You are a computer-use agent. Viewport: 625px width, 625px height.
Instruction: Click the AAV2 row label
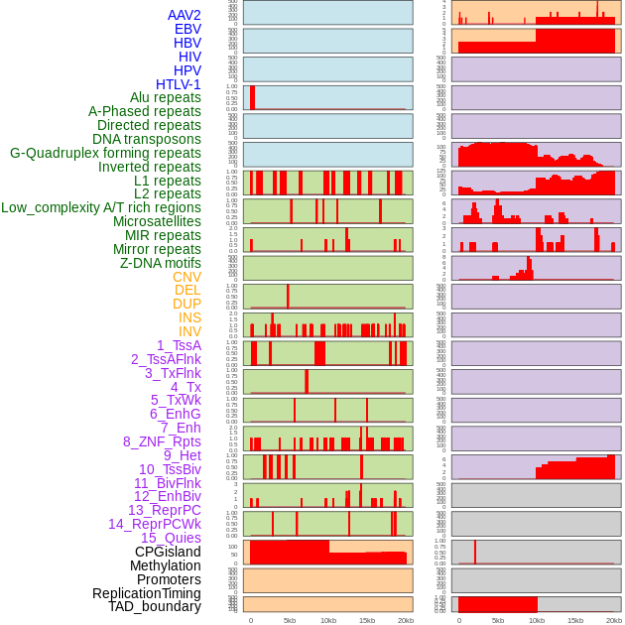185,15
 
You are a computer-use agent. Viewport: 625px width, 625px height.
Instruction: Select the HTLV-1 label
179,84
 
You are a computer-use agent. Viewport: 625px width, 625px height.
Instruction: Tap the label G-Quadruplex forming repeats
105,153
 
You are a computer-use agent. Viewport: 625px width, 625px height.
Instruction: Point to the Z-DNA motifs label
161,263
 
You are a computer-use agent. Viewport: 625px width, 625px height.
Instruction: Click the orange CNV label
187,277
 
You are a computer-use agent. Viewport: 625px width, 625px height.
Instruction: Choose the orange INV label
189,331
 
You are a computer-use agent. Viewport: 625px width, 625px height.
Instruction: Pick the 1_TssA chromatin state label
179,345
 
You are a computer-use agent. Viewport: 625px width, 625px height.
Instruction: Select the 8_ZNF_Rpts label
162,441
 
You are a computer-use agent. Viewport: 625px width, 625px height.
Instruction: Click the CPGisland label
168,552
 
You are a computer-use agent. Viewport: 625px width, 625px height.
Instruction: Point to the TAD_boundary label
155,606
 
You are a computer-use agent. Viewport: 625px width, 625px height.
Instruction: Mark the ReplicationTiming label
147,593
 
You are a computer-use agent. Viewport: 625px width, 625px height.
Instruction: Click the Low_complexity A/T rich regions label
101,207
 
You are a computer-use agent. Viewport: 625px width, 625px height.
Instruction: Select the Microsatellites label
157,221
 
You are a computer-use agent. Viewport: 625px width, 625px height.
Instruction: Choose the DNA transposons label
147,139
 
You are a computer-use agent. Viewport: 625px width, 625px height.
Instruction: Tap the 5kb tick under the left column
290,620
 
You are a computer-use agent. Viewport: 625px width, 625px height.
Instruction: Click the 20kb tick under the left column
406,620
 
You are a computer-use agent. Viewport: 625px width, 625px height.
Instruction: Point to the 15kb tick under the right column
575,620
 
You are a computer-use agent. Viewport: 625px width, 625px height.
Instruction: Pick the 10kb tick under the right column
537,620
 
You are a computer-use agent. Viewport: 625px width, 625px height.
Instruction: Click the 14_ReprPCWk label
155,524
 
